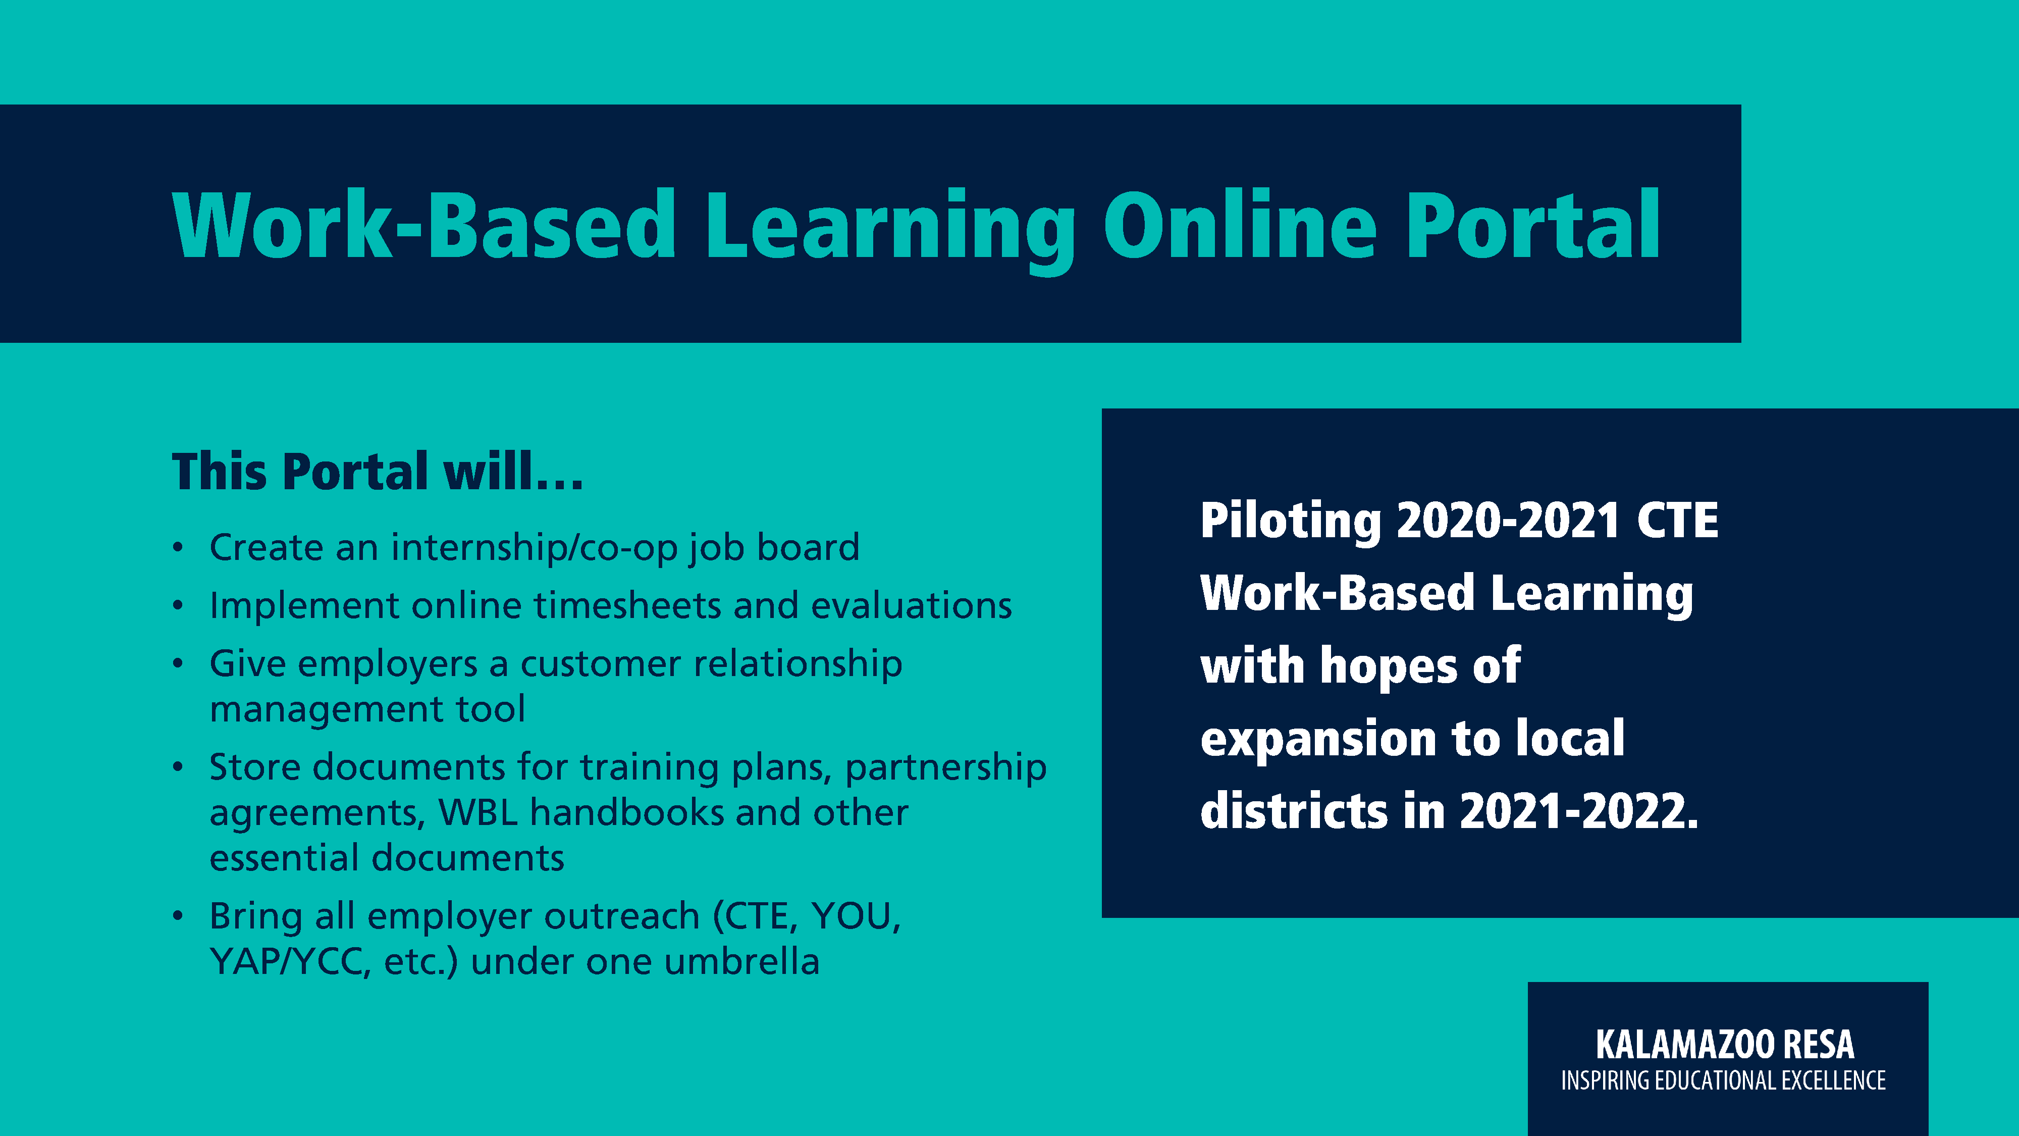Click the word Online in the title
click(1240, 225)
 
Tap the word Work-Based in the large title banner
click(424, 225)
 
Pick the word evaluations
click(912, 605)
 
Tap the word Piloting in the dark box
click(1290, 522)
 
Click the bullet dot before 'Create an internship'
click(179, 547)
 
